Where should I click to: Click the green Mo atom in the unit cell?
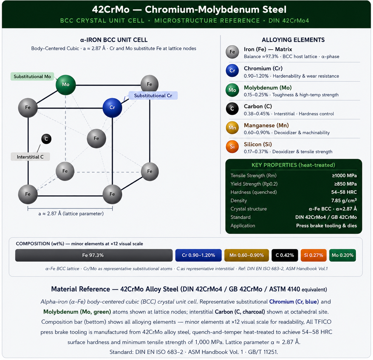click(65, 85)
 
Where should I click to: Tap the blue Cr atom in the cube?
click(112, 108)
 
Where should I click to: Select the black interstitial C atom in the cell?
click(46, 139)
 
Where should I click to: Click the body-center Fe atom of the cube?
click(96, 138)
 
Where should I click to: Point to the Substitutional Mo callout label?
click(32, 76)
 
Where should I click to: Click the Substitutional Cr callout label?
click(153, 95)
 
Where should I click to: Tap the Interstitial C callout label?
click(30, 157)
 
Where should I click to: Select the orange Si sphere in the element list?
click(232, 147)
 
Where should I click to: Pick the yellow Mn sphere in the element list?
click(232, 128)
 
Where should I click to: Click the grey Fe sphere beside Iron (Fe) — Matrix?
click(232, 52)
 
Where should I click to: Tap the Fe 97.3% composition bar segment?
click(94, 255)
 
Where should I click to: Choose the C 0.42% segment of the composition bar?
click(285, 255)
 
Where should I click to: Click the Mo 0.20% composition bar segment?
click(342, 255)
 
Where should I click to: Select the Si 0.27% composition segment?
click(313, 255)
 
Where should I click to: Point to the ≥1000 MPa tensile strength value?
click(344, 175)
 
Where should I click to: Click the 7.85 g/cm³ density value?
click(344, 201)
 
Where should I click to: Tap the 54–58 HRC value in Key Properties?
click(344, 192)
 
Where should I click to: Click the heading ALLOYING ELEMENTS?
click(293, 40)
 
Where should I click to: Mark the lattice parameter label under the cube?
click(71, 214)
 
